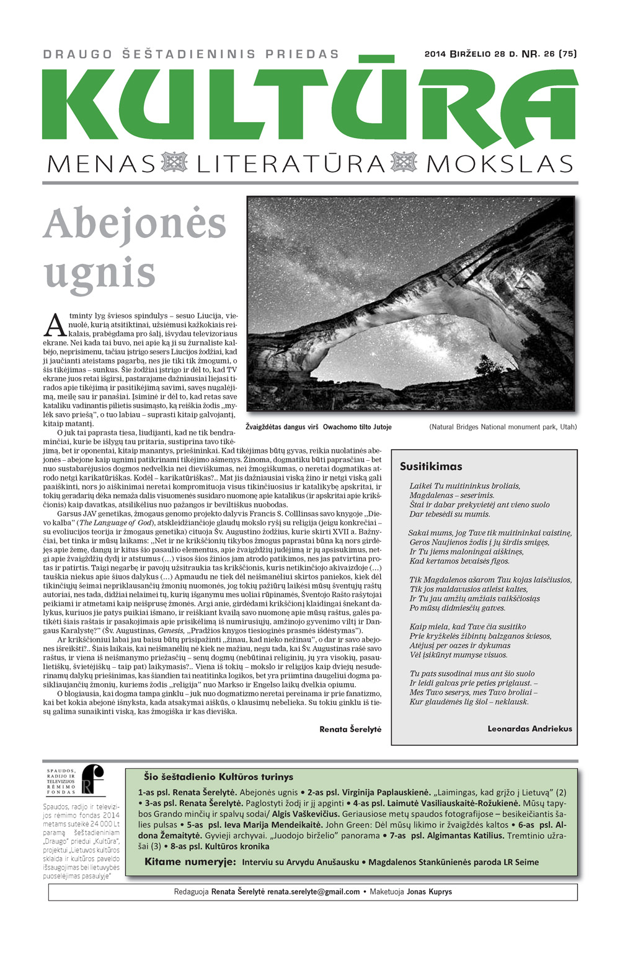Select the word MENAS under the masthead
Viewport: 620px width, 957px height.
pyautogui.click(x=101, y=164)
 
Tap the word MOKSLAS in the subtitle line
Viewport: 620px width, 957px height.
pyautogui.click(x=500, y=164)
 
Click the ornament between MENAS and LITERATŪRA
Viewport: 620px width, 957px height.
pyautogui.click(x=174, y=163)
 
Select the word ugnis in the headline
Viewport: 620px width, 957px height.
pyautogui.click(x=99, y=273)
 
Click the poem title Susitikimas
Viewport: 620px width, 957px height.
pyautogui.click(x=431, y=466)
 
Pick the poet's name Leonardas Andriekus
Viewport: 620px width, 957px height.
pyautogui.click(x=529, y=728)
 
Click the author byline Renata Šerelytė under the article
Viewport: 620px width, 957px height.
pyautogui.click(x=350, y=729)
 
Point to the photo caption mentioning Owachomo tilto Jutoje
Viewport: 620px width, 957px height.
pyautogui.click(x=319, y=427)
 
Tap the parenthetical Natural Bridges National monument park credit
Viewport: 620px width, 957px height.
pyautogui.click(x=503, y=427)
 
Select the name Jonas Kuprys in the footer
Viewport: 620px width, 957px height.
pyautogui.click(x=429, y=892)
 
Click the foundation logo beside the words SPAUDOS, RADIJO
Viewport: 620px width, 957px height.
pyautogui.click(x=93, y=779)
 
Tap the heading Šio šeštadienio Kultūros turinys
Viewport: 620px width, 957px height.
pyautogui.click(x=218, y=777)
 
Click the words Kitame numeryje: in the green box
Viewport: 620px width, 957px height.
pyautogui.click(x=190, y=862)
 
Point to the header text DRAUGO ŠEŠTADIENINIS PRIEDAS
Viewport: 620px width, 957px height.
pyautogui.click(x=192, y=54)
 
